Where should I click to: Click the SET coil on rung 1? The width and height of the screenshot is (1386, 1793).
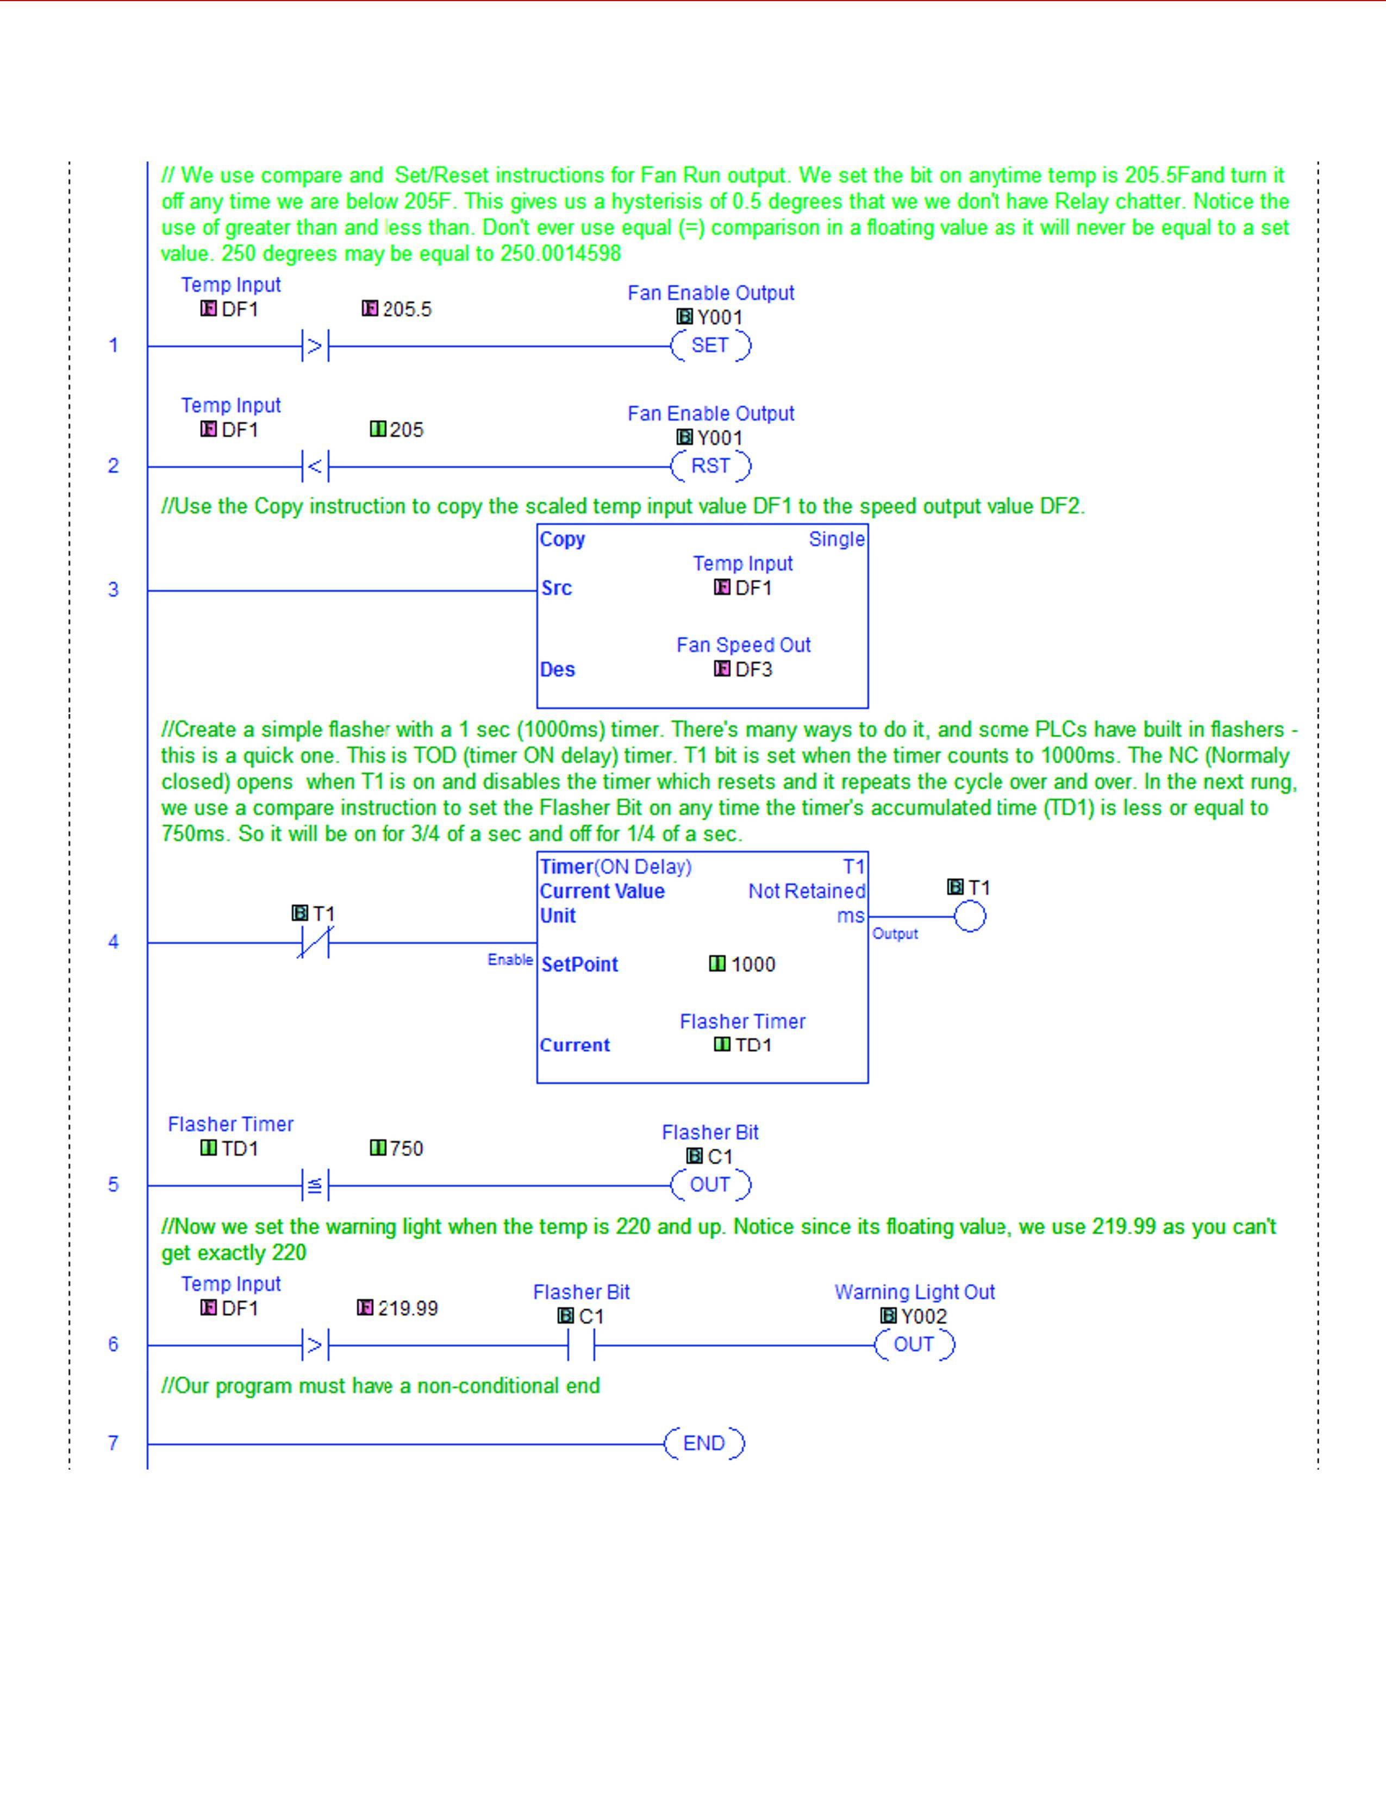(710, 346)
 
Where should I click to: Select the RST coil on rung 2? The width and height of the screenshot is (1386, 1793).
(710, 466)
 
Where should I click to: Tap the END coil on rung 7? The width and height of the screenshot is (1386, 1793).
(704, 1443)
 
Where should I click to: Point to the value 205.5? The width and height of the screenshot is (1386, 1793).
(407, 310)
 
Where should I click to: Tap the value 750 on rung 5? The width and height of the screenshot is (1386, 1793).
(407, 1149)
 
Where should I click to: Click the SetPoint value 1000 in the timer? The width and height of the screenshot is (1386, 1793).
(753, 964)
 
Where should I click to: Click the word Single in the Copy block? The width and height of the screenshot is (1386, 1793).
(836, 540)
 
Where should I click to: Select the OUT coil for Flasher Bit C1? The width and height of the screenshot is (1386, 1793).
(710, 1184)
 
